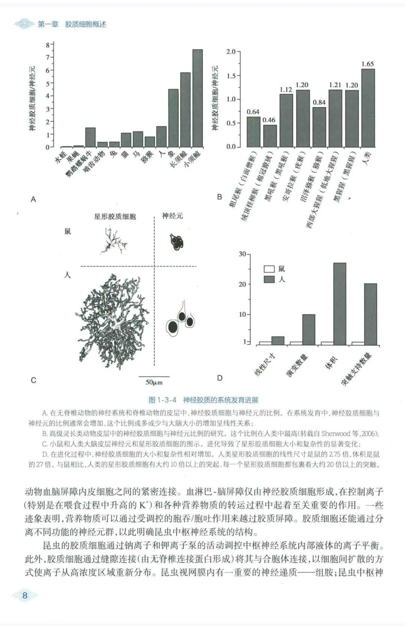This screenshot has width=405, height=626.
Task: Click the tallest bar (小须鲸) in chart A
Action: tap(198, 98)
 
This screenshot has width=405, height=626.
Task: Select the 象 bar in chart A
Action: tap(173, 118)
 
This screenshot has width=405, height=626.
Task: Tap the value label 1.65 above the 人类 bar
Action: tap(367, 64)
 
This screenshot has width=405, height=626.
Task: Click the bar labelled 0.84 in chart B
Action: tap(319, 127)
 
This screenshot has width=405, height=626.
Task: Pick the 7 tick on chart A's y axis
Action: tap(48, 57)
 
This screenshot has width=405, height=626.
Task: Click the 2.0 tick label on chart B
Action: tap(231, 51)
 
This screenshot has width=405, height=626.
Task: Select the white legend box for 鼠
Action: tap(269, 269)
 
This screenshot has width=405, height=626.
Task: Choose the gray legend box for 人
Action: tap(269, 279)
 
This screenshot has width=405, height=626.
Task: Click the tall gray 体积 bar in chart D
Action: tap(340, 304)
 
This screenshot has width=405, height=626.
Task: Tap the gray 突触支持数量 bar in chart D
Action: tap(370, 314)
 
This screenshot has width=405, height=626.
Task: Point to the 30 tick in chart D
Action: tap(242, 254)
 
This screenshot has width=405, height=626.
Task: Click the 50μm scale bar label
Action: tap(154, 382)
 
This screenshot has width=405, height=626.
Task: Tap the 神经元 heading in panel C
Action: tap(172, 216)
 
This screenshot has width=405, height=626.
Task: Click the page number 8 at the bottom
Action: tap(25, 595)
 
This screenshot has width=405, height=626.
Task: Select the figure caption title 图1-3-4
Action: tap(162, 400)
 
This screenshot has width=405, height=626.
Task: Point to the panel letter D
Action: tap(220, 378)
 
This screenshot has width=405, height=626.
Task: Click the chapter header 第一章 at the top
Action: tap(48, 24)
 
